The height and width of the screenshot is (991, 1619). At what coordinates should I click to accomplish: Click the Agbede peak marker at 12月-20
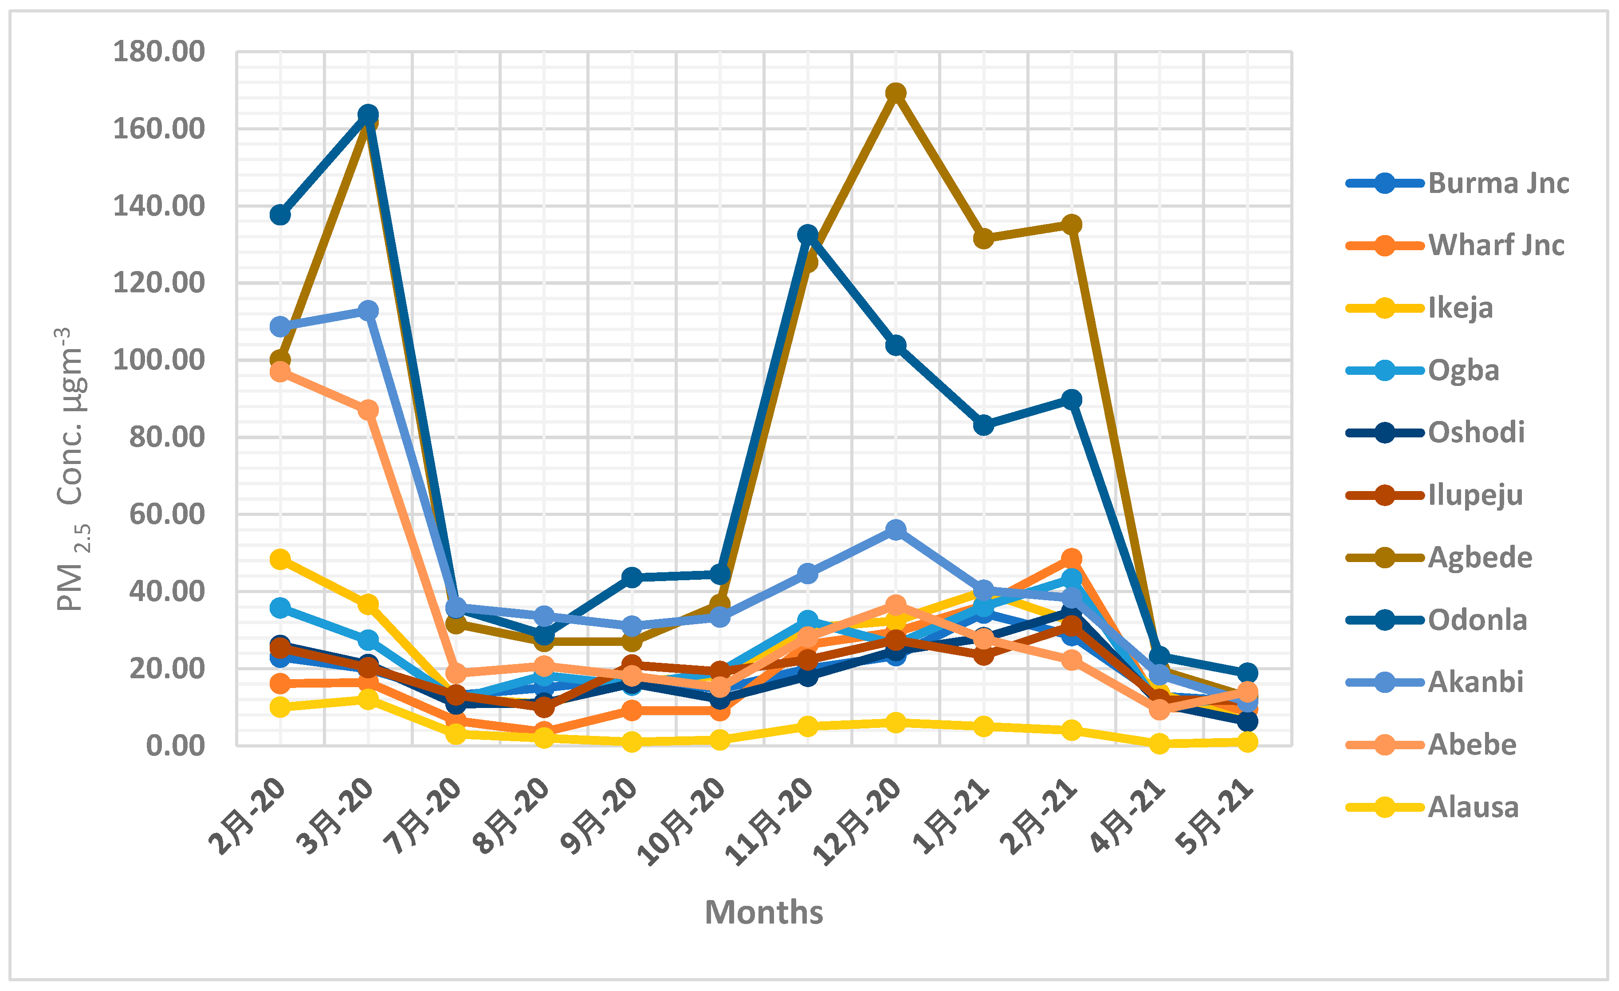[896, 93]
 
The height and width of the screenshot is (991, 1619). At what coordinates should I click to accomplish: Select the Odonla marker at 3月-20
[368, 114]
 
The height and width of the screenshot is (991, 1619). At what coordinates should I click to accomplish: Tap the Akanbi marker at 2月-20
[281, 326]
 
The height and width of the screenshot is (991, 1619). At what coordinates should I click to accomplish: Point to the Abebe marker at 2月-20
[281, 372]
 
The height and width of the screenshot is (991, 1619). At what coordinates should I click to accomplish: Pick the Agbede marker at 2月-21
[1072, 224]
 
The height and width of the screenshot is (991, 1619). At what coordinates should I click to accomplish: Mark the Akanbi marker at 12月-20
[896, 529]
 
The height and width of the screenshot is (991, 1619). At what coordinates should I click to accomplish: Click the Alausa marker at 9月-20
[632, 742]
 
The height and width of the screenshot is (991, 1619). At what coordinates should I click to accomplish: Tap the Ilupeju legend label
[1475, 495]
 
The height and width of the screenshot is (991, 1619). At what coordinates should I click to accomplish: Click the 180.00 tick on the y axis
[159, 51]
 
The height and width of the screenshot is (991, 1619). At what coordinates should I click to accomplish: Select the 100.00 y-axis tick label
[159, 360]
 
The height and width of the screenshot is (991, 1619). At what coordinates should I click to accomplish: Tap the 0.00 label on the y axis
[175, 746]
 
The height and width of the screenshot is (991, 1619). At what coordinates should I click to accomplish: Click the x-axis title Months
[763, 912]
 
